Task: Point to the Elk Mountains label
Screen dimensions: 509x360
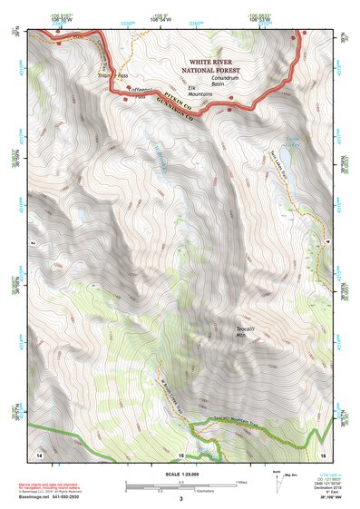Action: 200,91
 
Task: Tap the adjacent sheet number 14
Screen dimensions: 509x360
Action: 39,453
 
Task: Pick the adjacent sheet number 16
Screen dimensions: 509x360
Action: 322,453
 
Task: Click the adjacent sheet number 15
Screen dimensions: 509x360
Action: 180,453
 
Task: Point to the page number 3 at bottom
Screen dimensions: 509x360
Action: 180,498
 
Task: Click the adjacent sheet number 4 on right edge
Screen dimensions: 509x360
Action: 326,242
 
